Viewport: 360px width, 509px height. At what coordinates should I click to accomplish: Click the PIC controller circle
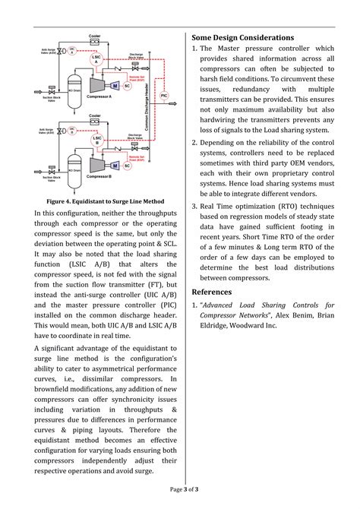point(164,96)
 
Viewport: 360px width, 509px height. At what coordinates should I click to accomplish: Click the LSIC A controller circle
point(96,58)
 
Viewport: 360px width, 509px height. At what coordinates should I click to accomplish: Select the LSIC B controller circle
point(96,139)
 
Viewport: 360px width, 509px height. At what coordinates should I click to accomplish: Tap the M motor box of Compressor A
point(115,85)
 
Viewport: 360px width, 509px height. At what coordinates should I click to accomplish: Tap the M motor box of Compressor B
point(115,165)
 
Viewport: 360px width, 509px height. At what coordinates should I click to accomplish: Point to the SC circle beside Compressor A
point(127,86)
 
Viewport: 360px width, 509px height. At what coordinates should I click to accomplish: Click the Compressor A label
point(99,96)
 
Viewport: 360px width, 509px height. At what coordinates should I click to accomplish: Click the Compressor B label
point(99,176)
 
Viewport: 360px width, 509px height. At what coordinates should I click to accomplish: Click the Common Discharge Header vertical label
point(147,114)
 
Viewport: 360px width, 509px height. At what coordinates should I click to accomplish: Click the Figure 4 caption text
point(105,201)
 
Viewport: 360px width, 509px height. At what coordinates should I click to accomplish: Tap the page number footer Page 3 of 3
point(180,488)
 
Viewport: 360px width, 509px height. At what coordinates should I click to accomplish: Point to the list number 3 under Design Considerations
point(194,205)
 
